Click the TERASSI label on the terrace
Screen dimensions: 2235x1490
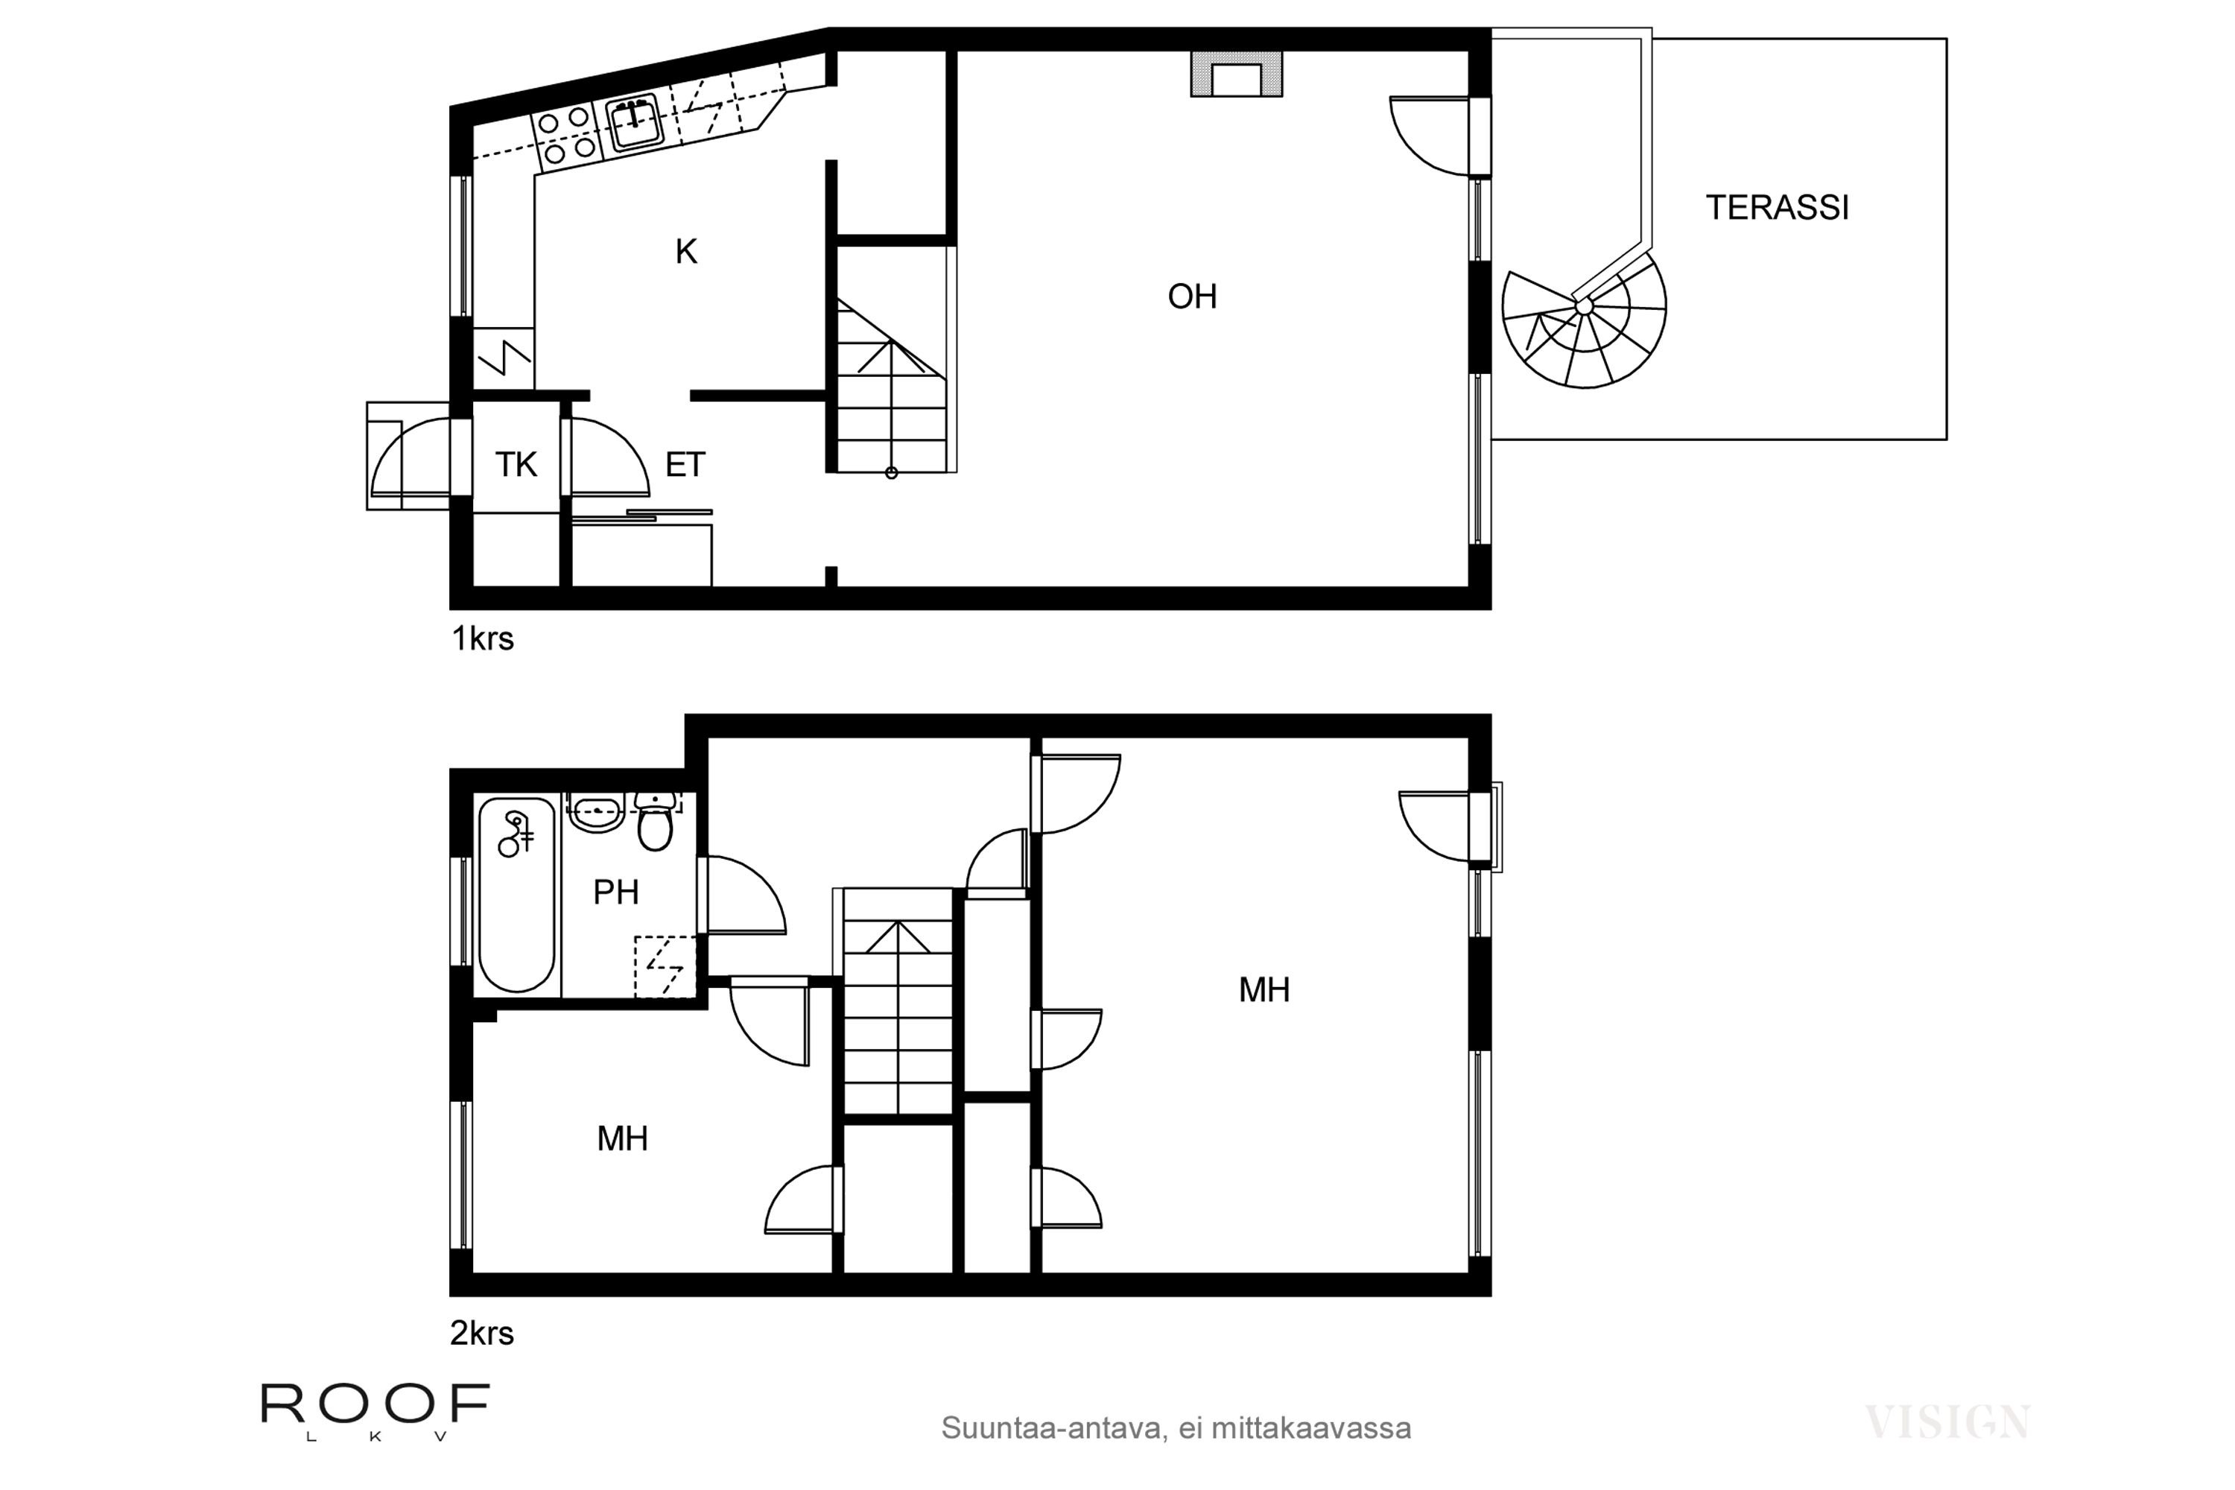1777,208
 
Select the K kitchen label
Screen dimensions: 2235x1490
686,252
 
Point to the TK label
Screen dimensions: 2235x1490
516,465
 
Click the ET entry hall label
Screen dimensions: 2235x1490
685,465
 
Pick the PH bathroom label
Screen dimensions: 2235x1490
616,893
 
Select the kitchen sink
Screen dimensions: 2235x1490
635,121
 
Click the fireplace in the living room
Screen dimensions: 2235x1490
1236,73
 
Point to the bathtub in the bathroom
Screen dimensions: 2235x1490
517,894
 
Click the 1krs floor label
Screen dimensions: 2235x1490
483,638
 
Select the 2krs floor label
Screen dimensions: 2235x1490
482,1334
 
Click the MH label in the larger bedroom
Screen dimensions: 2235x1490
1264,990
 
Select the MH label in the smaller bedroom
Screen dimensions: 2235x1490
622,1138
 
